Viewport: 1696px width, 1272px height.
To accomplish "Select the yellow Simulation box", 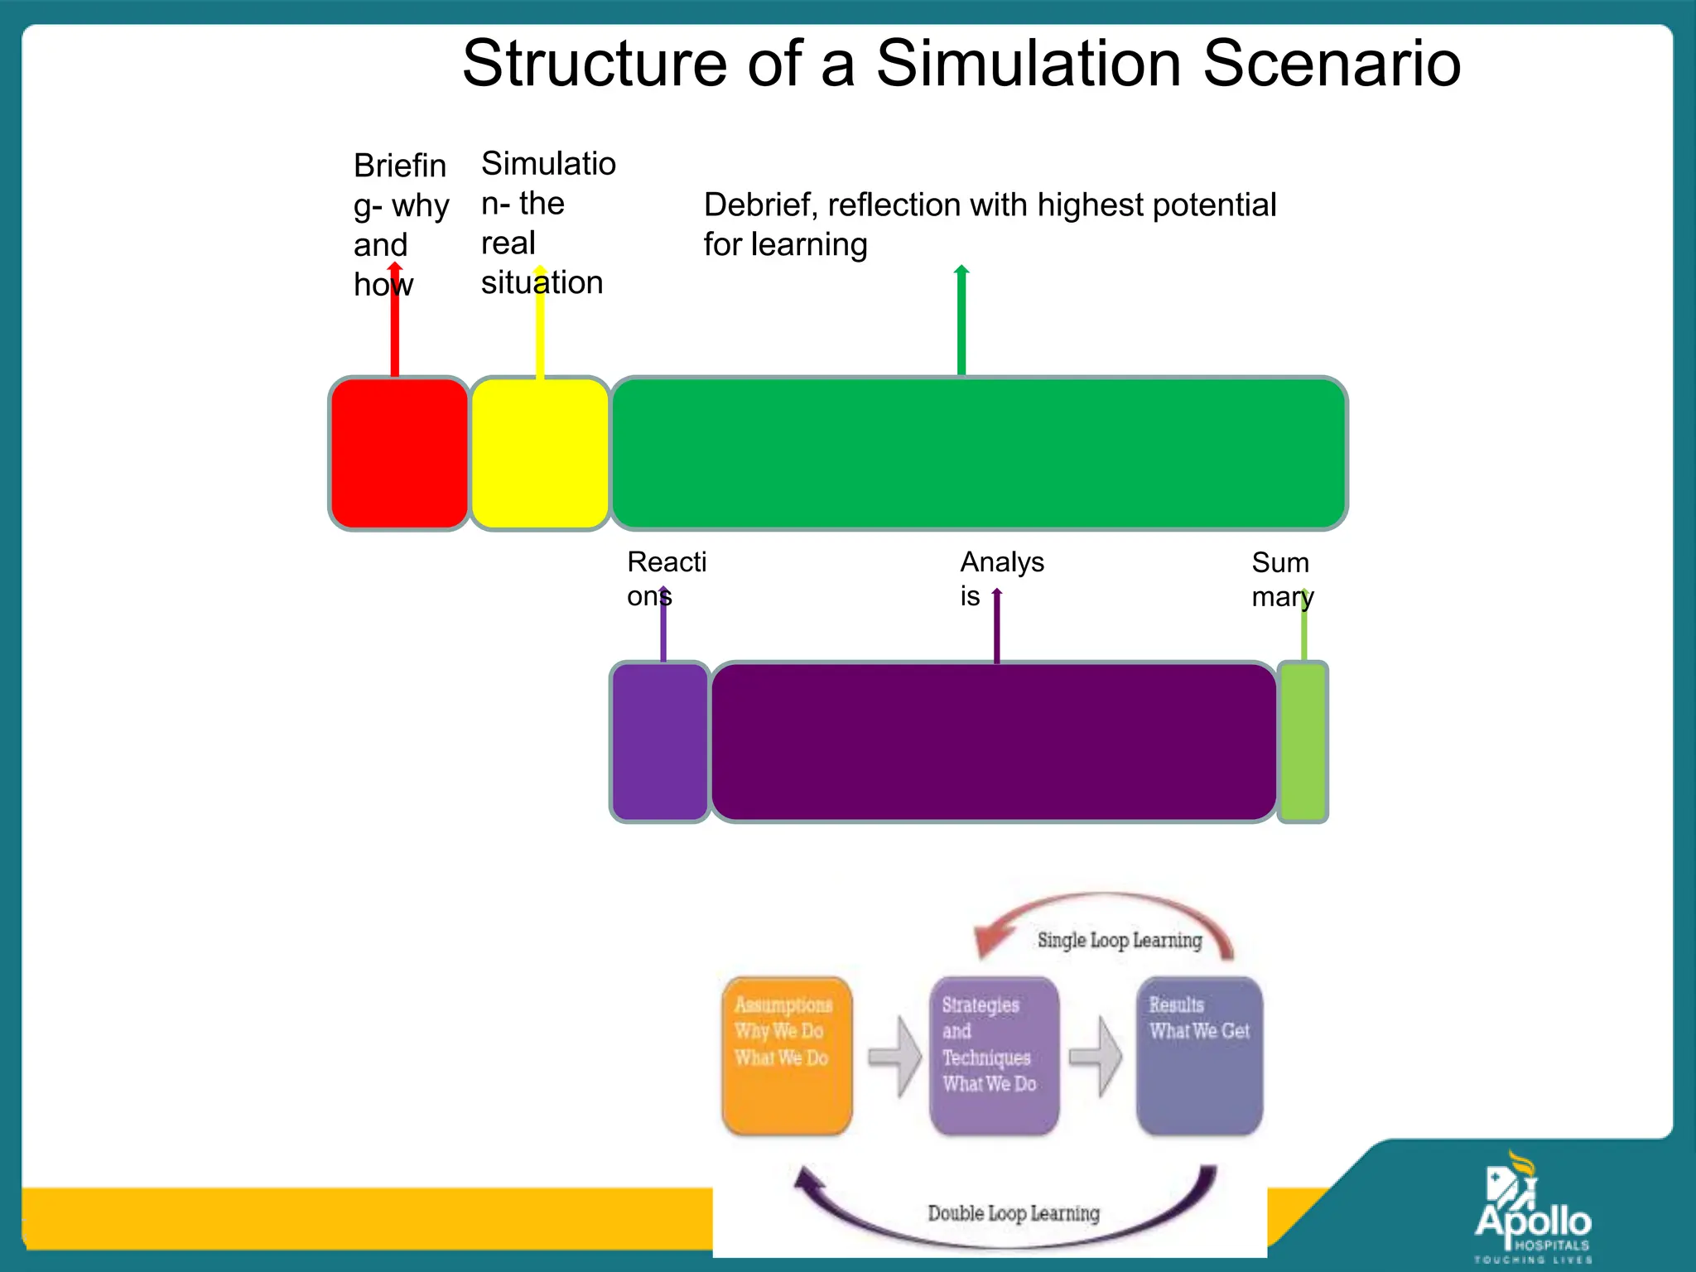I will (x=540, y=453).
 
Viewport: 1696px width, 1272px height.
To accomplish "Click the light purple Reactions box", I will (x=660, y=742).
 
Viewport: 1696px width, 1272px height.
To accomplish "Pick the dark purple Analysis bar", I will (x=994, y=742).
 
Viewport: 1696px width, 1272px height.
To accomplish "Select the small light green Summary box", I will (x=1303, y=742).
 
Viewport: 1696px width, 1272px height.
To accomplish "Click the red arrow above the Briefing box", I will (x=395, y=331).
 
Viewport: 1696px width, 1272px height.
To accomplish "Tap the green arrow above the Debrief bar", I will (x=961, y=323).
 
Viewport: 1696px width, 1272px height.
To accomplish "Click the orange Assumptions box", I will (x=787, y=1056).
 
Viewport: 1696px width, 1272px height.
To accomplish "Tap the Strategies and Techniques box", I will (x=994, y=1056).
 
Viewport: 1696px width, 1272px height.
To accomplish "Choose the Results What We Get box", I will (x=1199, y=1056).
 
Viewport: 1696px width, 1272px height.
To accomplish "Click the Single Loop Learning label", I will (x=1119, y=940).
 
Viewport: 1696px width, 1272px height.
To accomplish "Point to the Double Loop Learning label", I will (x=1014, y=1213).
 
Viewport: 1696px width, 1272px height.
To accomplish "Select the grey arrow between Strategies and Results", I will (x=1096, y=1057).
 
